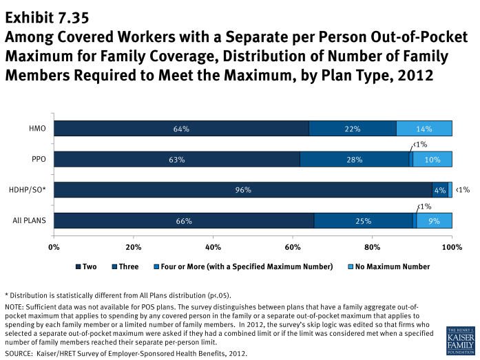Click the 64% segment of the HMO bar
click(181, 129)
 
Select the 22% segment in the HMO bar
click(353, 129)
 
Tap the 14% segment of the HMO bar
click(424, 129)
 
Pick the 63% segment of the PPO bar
click(176, 160)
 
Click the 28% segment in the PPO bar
click(355, 160)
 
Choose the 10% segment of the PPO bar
click(432, 160)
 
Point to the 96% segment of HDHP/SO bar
click(243, 190)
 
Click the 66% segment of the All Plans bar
click(183, 221)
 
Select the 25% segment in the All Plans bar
click(363, 221)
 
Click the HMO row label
click(38, 129)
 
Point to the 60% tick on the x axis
click(293, 246)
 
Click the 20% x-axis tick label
click(134, 246)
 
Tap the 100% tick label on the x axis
click(451, 246)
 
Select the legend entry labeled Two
click(87, 266)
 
